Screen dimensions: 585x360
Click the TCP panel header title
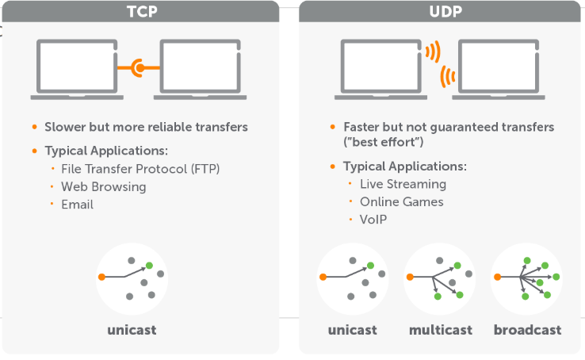coord(142,12)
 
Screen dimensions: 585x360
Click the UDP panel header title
coord(445,12)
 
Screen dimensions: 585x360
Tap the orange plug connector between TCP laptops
coord(139,68)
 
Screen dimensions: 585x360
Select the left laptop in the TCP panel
coord(77,70)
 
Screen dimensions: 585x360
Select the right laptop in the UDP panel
coord(499,70)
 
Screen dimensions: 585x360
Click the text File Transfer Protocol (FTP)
coord(140,169)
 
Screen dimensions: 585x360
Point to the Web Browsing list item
coord(104,187)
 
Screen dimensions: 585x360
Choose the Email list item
coord(77,205)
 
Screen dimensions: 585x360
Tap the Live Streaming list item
coord(403,184)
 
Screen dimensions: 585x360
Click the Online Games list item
coord(401,202)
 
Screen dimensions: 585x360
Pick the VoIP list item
coord(373,220)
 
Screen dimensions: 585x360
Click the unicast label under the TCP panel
coord(132,330)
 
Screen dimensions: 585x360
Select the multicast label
coord(441,330)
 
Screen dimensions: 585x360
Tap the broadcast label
coord(528,330)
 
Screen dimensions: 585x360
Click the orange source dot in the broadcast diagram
coord(497,277)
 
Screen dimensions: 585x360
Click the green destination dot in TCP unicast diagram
coord(149,266)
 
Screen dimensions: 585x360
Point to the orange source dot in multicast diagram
coord(410,277)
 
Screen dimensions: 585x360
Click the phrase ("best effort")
coord(384,142)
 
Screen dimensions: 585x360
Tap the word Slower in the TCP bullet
coord(65,127)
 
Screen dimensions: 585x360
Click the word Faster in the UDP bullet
coord(361,127)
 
